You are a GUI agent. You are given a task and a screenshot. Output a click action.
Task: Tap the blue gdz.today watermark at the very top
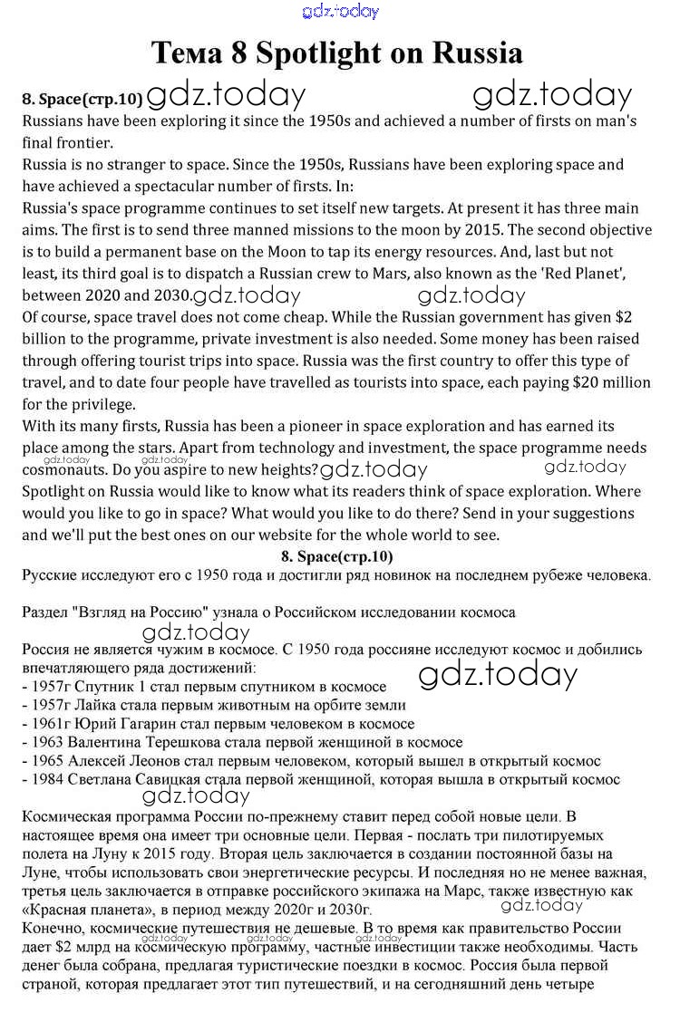(340, 11)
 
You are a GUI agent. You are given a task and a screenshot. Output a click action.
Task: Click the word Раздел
(46, 612)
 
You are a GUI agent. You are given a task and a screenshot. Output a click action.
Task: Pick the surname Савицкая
(163, 779)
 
